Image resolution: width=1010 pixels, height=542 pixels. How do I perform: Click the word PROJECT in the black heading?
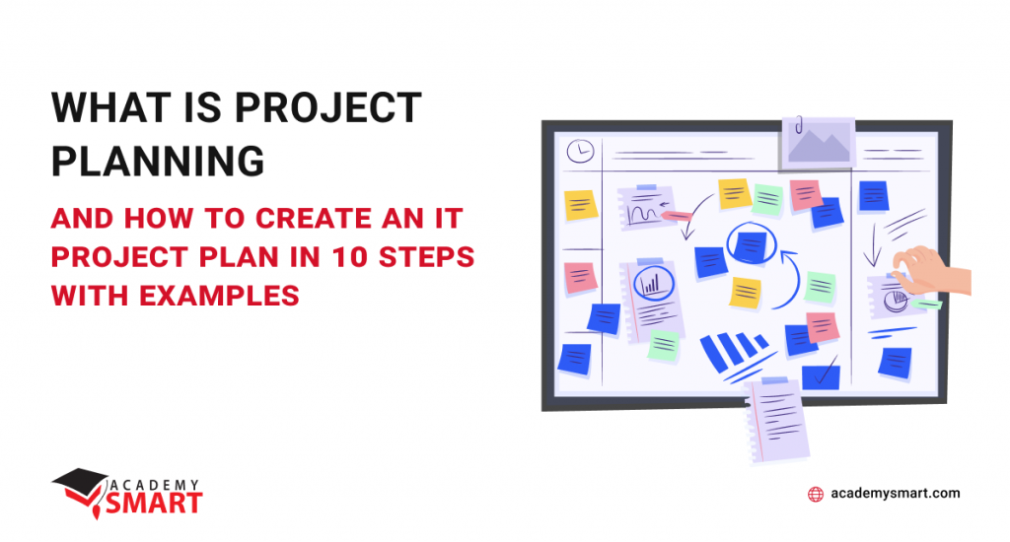click(x=328, y=107)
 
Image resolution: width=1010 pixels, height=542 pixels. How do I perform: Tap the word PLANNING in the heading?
click(x=158, y=161)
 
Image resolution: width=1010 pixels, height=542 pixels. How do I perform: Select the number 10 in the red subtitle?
click(x=350, y=257)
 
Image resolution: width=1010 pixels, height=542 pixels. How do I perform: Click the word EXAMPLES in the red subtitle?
click(x=220, y=296)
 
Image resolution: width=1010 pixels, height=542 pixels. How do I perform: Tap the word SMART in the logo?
click(x=155, y=504)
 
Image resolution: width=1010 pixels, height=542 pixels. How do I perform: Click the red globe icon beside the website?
click(x=816, y=494)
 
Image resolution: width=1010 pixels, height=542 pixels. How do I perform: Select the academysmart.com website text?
click(x=896, y=493)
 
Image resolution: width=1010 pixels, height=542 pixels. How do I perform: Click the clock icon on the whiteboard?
click(x=580, y=152)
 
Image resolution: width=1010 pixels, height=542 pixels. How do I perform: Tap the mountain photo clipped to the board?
click(x=818, y=144)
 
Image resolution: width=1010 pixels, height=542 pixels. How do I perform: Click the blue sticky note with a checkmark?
click(x=821, y=375)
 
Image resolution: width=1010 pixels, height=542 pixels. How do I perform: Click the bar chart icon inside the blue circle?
click(x=651, y=284)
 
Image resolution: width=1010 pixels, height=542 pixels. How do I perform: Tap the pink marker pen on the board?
click(x=675, y=216)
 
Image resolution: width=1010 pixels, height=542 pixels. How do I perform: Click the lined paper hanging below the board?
click(x=776, y=420)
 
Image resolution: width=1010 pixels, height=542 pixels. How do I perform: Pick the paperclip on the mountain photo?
click(x=799, y=124)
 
